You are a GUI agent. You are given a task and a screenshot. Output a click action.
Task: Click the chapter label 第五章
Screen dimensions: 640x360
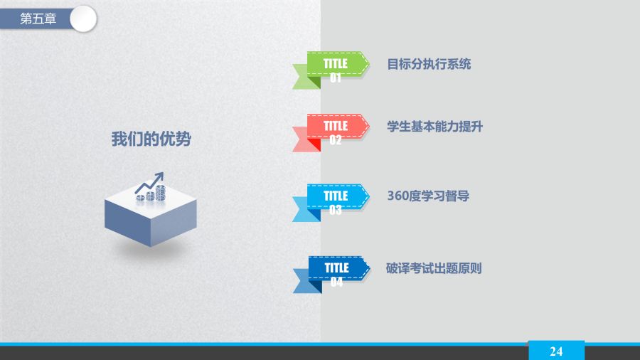(38, 18)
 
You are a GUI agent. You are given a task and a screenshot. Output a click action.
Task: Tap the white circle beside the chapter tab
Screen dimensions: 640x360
(83, 18)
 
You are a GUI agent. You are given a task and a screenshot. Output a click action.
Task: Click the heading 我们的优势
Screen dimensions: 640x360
(151, 139)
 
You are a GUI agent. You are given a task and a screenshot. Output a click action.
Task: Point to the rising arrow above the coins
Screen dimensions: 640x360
(149, 182)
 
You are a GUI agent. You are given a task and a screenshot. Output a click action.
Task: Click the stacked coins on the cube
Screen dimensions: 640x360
(151, 194)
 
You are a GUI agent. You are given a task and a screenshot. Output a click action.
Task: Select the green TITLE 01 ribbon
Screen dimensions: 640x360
(331, 70)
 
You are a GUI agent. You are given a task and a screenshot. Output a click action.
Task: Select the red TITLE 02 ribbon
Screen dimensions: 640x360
(331, 132)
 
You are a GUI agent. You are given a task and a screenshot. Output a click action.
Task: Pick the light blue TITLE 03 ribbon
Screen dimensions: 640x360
(331, 203)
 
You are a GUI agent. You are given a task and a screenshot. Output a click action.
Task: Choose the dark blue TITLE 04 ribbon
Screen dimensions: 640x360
(331, 275)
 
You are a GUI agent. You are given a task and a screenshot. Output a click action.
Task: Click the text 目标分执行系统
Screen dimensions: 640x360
(429, 64)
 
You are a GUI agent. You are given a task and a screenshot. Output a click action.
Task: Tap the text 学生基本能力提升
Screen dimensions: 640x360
(434, 127)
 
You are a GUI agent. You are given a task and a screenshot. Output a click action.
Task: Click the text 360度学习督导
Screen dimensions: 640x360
(428, 196)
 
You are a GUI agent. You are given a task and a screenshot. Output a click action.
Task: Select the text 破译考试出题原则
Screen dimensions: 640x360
(434, 268)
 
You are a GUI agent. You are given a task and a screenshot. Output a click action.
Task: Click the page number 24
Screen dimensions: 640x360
(556, 351)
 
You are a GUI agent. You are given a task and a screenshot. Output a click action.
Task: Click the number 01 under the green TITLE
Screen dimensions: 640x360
(336, 78)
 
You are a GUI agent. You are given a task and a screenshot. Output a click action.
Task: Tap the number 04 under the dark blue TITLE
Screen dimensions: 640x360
(337, 282)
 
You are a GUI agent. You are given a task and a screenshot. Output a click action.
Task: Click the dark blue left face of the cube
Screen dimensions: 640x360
(128, 220)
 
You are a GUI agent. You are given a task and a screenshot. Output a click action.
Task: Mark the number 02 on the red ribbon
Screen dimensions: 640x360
(336, 140)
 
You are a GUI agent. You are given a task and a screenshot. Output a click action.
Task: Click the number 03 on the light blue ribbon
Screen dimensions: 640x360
(336, 210)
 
